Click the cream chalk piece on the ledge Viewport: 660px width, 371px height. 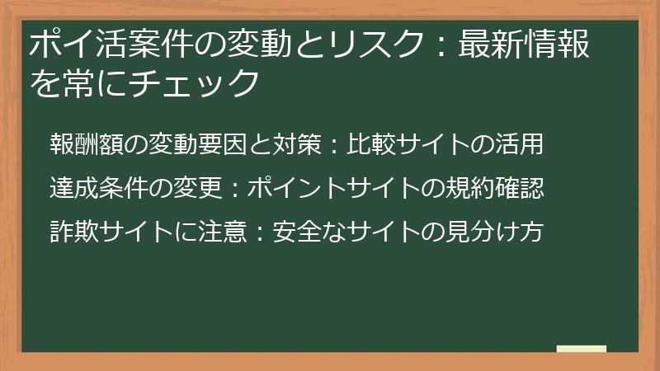point(581,349)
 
